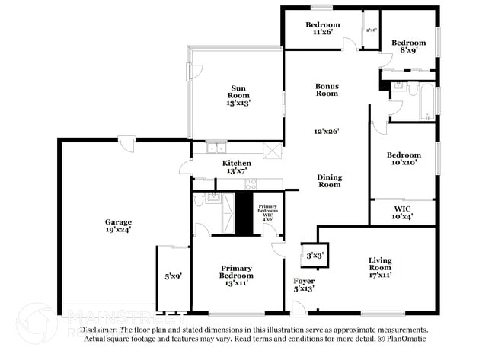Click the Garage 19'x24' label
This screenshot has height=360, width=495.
pos(118,225)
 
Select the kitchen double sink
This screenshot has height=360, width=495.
pos(216,148)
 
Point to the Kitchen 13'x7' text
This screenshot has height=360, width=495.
pos(236,167)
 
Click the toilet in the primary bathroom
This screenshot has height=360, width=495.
pos(198,200)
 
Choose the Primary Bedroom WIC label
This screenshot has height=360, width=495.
pos(267,212)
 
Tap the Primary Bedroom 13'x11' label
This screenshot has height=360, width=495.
pos(236,276)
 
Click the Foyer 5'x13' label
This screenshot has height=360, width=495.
pos(303,285)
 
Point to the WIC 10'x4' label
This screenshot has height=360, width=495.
pos(402,212)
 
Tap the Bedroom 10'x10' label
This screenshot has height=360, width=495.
pos(402,159)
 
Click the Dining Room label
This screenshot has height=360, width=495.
pos(329,180)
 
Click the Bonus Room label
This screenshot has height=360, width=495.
pos(327,90)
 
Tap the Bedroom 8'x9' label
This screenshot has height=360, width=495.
pos(408,47)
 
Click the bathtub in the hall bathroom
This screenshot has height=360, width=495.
pos(427,101)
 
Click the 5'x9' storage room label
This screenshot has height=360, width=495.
pos(172,276)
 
